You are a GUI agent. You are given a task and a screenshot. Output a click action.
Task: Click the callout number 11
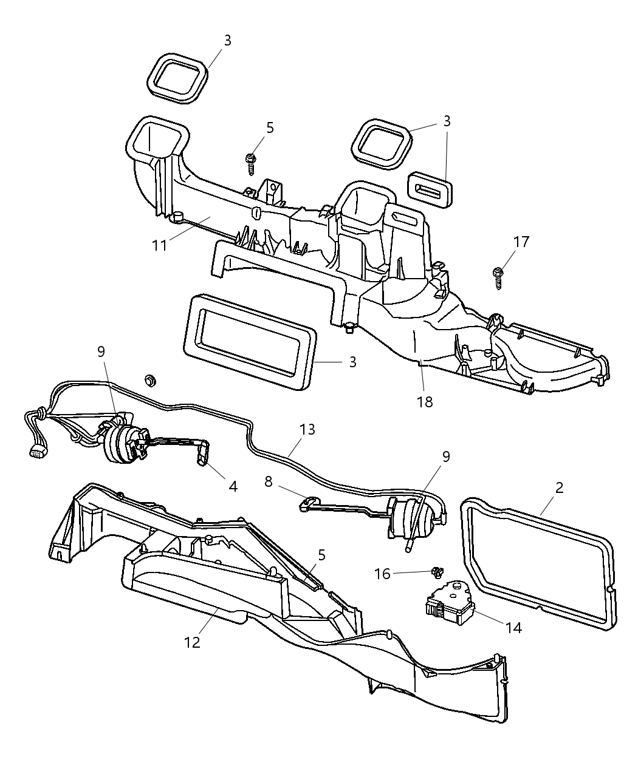pyautogui.click(x=159, y=246)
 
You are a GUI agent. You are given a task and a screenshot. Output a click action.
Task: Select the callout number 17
pyautogui.click(x=521, y=242)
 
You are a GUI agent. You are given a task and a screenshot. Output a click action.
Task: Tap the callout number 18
pyautogui.click(x=425, y=401)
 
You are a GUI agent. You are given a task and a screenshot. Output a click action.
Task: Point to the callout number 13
pyautogui.click(x=307, y=429)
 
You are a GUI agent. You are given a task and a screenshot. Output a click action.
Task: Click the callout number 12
pyautogui.click(x=192, y=642)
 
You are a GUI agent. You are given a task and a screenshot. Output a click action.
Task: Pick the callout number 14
pyautogui.click(x=513, y=627)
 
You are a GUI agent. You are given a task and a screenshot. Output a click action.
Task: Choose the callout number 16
pyautogui.click(x=382, y=573)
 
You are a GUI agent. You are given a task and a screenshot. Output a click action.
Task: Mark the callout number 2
pyautogui.click(x=559, y=487)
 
